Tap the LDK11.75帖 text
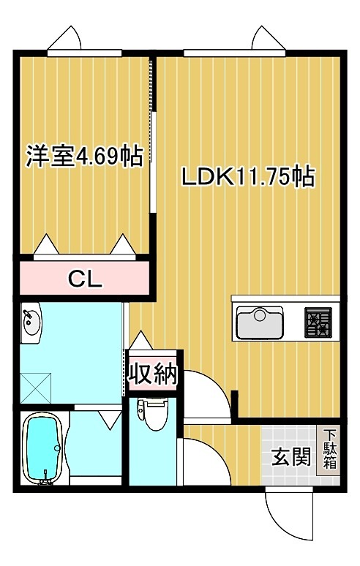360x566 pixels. (247, 176)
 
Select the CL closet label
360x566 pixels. (85, 278)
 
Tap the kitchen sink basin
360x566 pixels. (259, 322)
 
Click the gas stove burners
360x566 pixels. (318, 322)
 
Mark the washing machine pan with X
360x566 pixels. (35, 385)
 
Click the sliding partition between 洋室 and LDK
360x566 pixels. (153, 135)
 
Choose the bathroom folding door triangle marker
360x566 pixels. (110, 419)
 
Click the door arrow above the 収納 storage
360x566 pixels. (140, 341)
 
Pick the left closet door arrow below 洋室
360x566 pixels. (45, 244)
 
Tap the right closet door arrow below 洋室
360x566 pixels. (122, 244)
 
